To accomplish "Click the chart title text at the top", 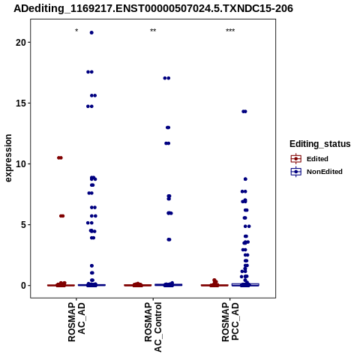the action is [x=153, y=8].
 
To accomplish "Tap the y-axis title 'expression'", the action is [x=8, y=158].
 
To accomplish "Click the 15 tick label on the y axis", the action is [x=21, y=103].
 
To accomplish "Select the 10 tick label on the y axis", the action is [x=21, y=164].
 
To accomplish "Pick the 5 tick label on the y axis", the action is [x=23, y=225].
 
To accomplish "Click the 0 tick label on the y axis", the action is [x=23, y=286].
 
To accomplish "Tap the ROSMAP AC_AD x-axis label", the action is [x=76, y=322].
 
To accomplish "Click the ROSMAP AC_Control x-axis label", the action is [x=153, y=327].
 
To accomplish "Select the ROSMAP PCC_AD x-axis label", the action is [x=230, y=322].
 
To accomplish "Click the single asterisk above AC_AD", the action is [x=76, y=31].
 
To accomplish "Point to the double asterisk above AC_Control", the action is [x=153, y=31].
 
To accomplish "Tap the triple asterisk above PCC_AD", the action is [x=230, y=31].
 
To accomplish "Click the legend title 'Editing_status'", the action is [x=320, y=144].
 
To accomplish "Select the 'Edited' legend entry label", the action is [x=317, y=159].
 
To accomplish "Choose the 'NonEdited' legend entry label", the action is [x=325, y=172].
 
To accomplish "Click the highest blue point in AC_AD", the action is [x=91, y=33].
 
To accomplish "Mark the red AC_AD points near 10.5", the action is [x=60, y=157].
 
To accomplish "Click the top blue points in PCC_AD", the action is [x=244, y=112].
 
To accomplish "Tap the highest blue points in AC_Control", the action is [x=166, y=78].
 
